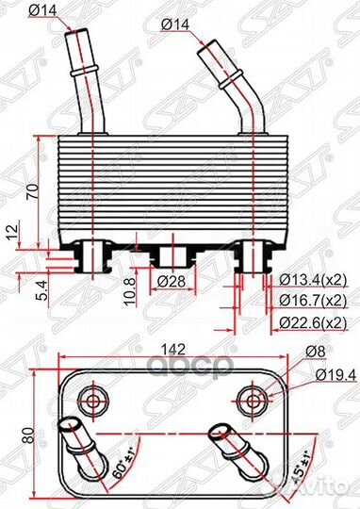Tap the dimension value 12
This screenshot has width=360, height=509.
click(x=11, y=230)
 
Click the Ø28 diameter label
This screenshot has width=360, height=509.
click(x=171, y=281)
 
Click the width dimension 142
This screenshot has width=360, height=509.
click(x=170, y=349)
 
